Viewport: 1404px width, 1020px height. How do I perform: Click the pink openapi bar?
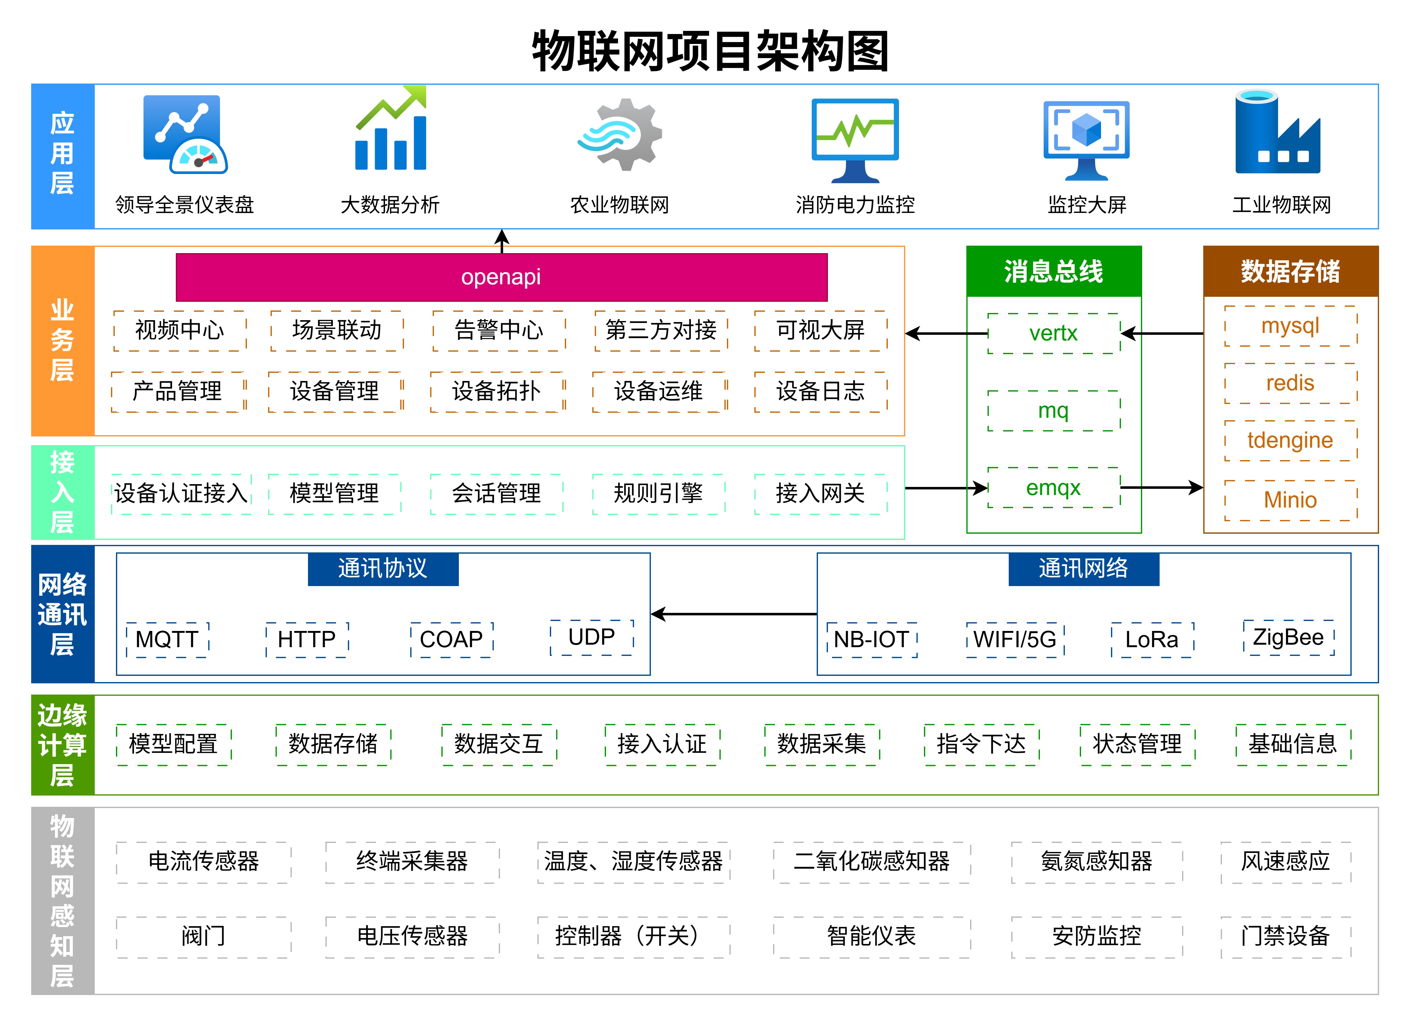[x=502, y=277]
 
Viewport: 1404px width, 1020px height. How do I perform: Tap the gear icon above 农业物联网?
[x=620, y=135]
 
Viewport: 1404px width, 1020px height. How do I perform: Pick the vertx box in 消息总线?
[x=1054, y=334]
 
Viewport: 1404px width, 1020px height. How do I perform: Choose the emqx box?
[x=1054, y=488]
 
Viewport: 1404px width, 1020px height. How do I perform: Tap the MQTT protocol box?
[x=167, y=639]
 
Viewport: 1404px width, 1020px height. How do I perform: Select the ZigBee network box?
[x=1288, y=637]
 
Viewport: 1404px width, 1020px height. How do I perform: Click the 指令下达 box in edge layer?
[x=981, y=744]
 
